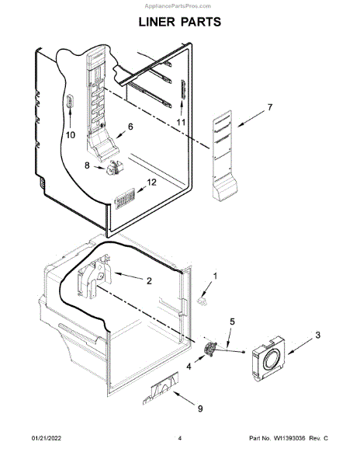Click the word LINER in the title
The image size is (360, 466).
[x=156, y=22]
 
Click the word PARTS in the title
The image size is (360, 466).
[x=201, y=22]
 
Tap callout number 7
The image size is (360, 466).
[x=270, y=107]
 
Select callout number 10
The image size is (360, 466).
[x=71, y=135]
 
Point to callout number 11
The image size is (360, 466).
[x=181, y=122]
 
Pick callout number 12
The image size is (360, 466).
[x=151, y=183]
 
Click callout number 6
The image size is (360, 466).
[x=130, y=127]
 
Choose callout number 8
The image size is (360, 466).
[x=87, y=165]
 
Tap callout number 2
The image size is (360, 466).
[x=149, y=281]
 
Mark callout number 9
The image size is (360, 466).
[x=200, y=409]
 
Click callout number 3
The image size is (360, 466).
[x=318, y=336]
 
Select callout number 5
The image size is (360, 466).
[x=233, y=322]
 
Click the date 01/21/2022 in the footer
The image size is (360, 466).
[x=47, y=438]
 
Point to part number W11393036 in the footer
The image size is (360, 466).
[x=289, y=438]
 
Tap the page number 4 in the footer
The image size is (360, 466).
[x=179, y=438]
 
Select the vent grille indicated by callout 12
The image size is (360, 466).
[x=125, y=198]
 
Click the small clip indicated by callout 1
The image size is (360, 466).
[x=202, y=301]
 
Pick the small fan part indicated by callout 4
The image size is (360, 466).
[x=210, y=348]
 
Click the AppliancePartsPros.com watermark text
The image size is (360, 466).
[x=178, y=6]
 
